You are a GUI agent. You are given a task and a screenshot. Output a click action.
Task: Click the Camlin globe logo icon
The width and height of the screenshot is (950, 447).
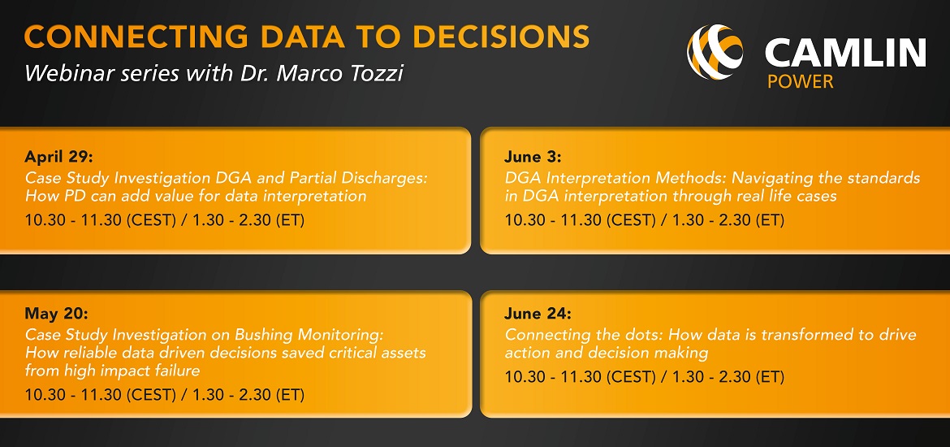click(x=715, y=51)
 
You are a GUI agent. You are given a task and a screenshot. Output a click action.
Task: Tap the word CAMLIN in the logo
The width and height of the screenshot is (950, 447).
click(x=846, y=54)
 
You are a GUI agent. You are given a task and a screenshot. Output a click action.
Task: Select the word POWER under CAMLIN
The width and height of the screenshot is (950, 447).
click(x=801, y=81)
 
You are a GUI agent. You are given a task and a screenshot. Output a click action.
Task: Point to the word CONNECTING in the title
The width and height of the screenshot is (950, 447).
click(x=136, y=37)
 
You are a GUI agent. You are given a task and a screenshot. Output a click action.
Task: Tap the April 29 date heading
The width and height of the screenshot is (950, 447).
click(x=58, y=158)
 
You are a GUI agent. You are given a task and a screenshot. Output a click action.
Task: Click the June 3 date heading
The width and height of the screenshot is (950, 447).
click(x=533, y=158)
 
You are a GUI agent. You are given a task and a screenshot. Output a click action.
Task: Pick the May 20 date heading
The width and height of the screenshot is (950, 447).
click(x=56, y=314)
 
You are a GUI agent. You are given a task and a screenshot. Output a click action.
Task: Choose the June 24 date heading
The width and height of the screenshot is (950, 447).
click(x=538, y=314)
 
